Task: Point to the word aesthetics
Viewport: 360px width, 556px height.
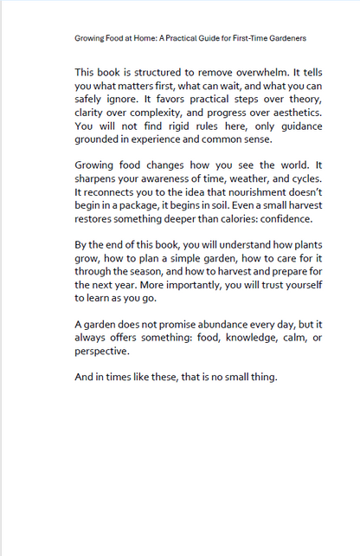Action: (x=294, y=113)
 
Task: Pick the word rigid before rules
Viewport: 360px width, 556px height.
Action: (x=183, y=126)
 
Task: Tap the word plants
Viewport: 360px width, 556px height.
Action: (x=303, y=245)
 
